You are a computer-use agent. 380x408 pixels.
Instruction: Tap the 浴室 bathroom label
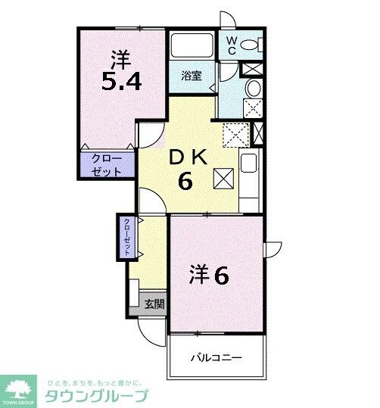tap(191, 76)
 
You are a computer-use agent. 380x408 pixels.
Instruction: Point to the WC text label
tap(230, 43)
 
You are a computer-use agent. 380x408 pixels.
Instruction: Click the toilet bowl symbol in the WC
tap(254, 45)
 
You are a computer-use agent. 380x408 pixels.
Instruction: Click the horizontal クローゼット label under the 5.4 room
tap(107, 165)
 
